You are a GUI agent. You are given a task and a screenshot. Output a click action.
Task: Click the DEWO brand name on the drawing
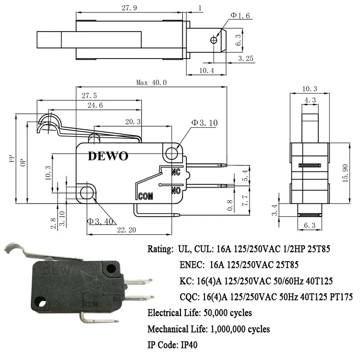[x=108, y=156]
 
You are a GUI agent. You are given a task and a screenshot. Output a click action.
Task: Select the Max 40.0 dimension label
[x=151, y=82]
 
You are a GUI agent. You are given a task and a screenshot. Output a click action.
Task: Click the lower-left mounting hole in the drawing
[x=87, y=193]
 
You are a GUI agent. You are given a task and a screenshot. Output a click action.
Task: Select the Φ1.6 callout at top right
[x=240, y=15]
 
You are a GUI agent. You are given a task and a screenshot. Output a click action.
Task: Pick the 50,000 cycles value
[x=225, y=313]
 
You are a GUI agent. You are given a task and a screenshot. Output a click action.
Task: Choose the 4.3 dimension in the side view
[x=309, y=100]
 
